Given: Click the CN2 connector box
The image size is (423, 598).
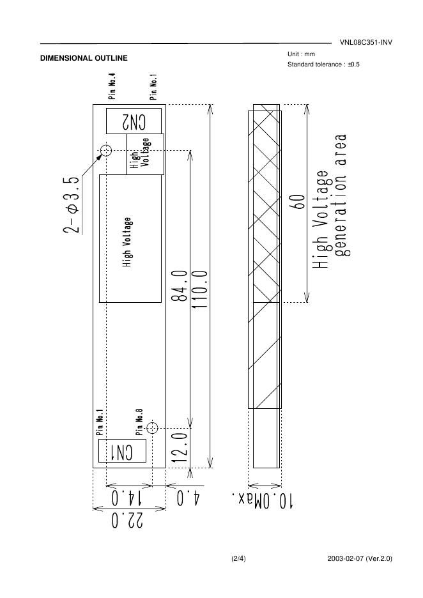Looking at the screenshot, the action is [x=134, y=121].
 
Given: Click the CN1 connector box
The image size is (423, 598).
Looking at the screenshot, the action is [x=122, y=452].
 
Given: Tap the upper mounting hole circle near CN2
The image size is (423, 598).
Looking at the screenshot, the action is [x=106, y=151].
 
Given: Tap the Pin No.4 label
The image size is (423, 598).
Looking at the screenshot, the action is [x=112, y=86].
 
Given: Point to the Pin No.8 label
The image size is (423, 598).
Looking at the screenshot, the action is [x=139, y=421].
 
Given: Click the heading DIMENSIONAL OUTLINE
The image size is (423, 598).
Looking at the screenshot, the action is [x=84, y=58].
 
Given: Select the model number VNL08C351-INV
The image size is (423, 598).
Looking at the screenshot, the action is [x=366, y=43].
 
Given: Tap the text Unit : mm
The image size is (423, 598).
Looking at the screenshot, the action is [x=302, y=54].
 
